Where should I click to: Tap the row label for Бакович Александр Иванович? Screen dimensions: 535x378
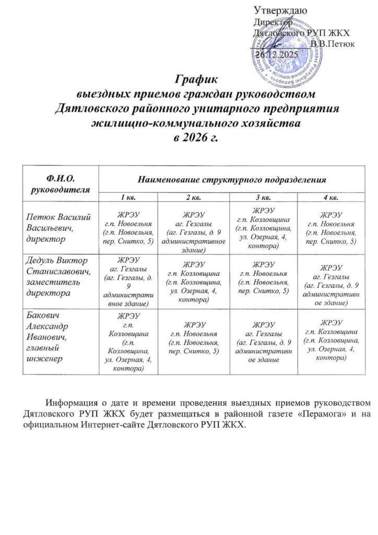click(48, 336)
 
